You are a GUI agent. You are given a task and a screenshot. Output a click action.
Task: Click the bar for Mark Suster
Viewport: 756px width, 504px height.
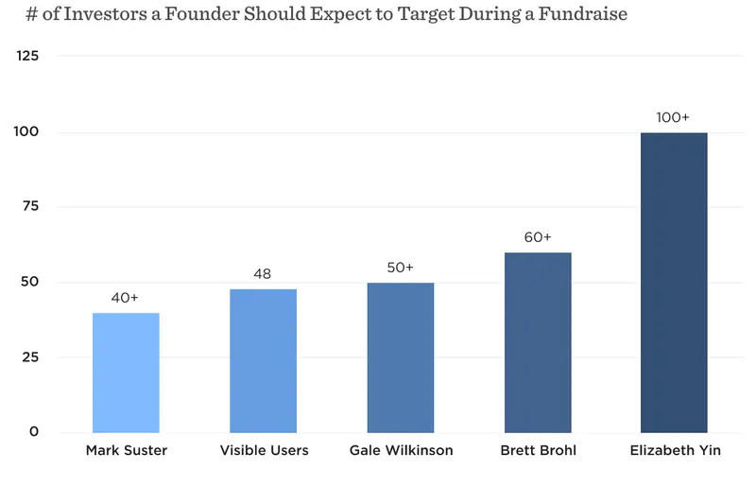pos(126,373)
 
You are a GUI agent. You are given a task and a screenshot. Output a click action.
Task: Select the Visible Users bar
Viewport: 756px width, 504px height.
pos(263,361)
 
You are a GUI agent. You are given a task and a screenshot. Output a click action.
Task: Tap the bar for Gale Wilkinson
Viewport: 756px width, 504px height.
pos(400,357)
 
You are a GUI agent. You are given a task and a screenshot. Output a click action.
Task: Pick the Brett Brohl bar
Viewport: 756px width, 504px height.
pos(538,342)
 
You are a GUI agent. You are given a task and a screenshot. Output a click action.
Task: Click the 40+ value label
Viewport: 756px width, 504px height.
pos(126,297)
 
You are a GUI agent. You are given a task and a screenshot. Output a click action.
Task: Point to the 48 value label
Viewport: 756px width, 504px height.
pos(263,274)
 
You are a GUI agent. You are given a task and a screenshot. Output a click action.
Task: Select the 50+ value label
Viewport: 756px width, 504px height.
pos(400,268)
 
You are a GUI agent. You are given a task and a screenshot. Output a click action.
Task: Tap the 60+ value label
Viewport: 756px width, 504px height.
pos(538,237)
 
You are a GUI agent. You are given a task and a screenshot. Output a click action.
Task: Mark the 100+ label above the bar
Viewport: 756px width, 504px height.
pos(674,117)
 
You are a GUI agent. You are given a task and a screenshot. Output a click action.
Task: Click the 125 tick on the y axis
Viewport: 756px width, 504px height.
pos(28,56)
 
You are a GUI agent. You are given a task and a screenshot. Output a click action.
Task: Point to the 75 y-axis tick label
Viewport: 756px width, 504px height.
pos(30,207)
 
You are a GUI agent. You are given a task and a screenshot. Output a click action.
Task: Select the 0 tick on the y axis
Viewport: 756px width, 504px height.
pos(34,432)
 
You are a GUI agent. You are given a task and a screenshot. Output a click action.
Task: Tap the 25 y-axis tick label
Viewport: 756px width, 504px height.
pos(30,357)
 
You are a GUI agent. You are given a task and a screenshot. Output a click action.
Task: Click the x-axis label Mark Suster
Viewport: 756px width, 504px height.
pos(126,450)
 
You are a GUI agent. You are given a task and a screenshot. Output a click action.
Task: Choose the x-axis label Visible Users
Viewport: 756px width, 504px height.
pos(264,450)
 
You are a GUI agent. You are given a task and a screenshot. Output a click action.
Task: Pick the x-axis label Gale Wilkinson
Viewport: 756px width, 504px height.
pos(401,450)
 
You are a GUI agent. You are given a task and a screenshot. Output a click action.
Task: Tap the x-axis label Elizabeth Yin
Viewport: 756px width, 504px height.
pos(675,450)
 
